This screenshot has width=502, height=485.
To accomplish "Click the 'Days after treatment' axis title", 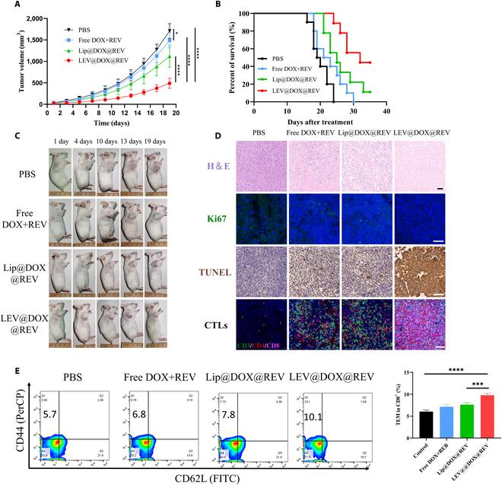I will pyautogui.click(x=320, y=121).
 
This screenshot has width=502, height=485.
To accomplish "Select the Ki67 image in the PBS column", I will pyautogui.click(x=261, y=219).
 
